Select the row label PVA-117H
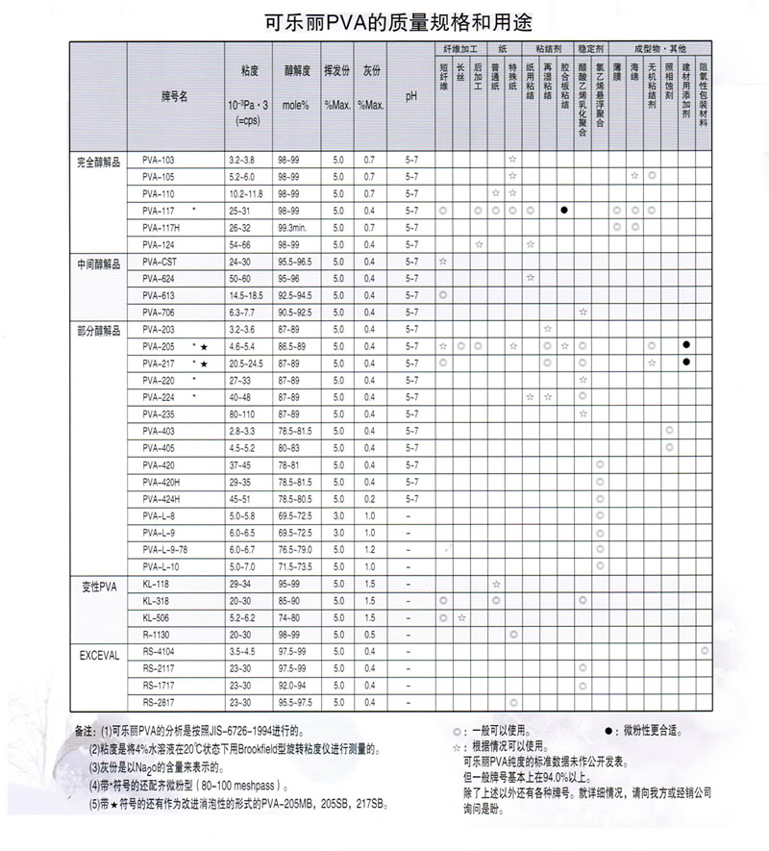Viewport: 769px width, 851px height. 161,227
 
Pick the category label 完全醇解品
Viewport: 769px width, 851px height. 99,159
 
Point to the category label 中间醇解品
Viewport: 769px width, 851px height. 99,262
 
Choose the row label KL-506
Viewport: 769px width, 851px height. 155,617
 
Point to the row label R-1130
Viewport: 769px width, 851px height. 156,635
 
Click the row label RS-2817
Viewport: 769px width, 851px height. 157,703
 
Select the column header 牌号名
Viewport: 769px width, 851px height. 174,96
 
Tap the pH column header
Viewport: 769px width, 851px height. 411,96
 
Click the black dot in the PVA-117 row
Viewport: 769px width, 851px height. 564,210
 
